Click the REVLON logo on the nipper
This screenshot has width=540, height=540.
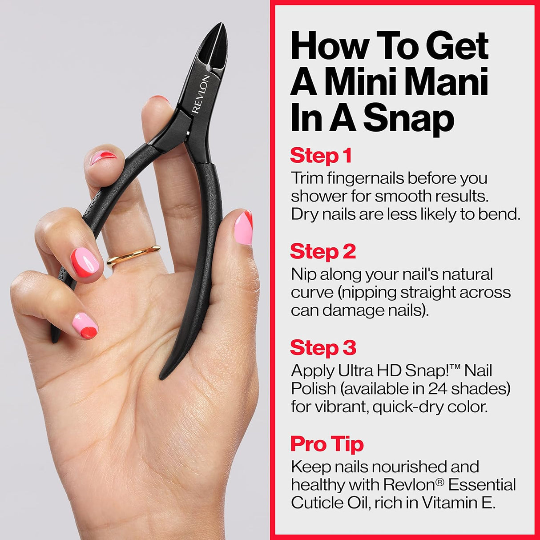(201, 94)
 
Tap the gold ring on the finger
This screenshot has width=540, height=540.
(133, 255)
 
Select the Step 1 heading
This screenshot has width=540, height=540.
(321, 156)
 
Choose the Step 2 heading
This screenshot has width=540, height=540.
(323, 252)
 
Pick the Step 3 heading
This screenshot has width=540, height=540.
(323, 348)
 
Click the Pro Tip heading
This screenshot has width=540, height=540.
(327, 444)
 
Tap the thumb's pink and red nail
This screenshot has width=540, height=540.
(243, 228)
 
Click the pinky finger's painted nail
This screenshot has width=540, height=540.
(85, 325)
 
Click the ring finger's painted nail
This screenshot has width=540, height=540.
(85, 262)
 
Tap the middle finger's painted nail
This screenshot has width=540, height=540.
(103, 157)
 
